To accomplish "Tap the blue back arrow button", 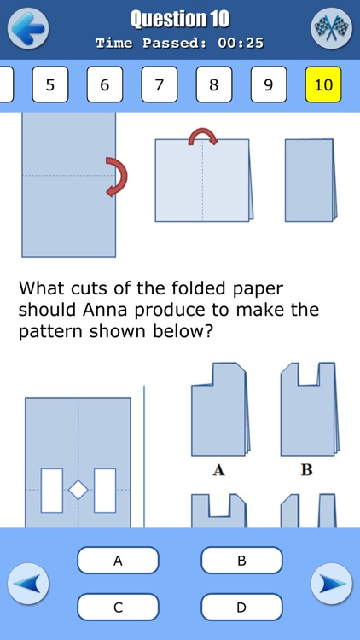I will (28, 28).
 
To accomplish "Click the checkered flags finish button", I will (331, 28).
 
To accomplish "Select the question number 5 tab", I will (50, 84).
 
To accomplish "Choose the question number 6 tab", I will (105, 84).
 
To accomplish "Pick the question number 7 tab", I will (160, 84).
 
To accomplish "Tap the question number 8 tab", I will (214, 84).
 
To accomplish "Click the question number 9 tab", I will (269, 84).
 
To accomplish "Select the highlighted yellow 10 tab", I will (323, 84).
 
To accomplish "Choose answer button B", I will (241, 561).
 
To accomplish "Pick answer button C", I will (118, 607).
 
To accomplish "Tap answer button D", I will (241, 607).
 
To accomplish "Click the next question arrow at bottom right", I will (331, 585).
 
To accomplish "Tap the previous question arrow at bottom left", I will (28, 585).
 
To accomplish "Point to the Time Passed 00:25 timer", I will (179, 43).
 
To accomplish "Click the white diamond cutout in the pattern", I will (78, 490).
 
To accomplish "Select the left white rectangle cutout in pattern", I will (52, 490).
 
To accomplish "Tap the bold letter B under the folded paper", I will (306, 469).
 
